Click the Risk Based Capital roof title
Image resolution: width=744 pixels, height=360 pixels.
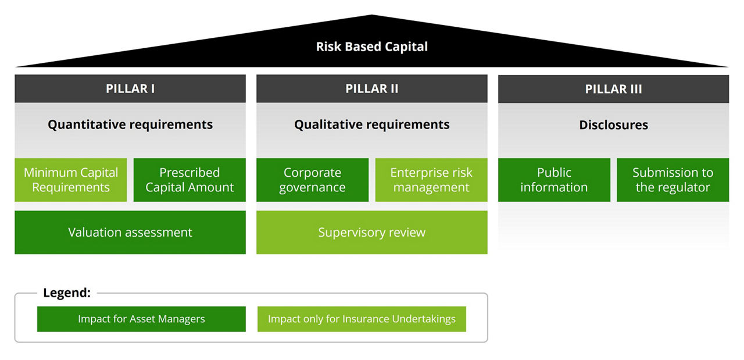pos(371,47)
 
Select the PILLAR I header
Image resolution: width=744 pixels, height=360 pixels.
pos(130,88)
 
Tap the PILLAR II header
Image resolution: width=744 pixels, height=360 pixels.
pos(372,88)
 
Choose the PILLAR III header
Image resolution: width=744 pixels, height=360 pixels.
pos(613,89)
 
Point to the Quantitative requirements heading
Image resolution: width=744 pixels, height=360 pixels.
pos(130,124)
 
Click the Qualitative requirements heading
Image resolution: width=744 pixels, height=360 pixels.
pos(372,124)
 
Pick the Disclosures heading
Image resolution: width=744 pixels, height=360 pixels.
pos(613,125)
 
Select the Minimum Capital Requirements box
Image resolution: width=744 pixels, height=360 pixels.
pos(71,180)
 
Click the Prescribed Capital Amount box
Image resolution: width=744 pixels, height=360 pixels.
pos(189,180)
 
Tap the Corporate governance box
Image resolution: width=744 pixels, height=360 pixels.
pos(313,180)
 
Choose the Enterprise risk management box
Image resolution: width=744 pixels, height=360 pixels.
pos(431,180)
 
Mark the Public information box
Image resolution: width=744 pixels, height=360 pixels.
pos(554,180)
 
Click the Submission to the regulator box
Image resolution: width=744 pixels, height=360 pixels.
pos(673,180)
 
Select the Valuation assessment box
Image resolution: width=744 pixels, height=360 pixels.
pos(130,233)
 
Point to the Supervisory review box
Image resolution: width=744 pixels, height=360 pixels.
pos(372,233)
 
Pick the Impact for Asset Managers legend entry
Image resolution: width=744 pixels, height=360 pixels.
pos(141,319)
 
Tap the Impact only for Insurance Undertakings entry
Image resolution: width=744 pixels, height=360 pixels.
pos(362,319)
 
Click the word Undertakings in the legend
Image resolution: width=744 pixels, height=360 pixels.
pos(424,319)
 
